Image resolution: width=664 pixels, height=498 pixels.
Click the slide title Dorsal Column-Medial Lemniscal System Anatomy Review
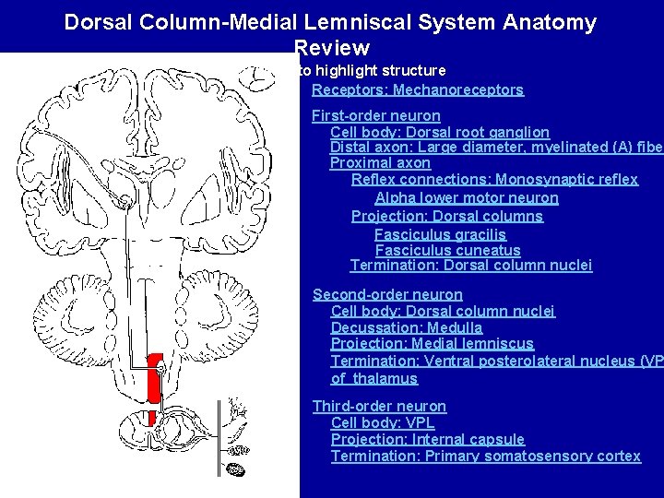(x=330, y=22)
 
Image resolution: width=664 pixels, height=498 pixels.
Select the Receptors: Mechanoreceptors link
(x=417, y=90)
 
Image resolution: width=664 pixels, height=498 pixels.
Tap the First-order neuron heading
(x=375, y=116)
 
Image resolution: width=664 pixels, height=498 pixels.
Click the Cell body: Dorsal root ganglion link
(x=440, y=133)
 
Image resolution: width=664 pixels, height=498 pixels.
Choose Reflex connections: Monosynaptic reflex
(x=494, y=181)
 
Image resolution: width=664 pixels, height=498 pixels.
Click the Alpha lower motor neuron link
(x=466, y=198)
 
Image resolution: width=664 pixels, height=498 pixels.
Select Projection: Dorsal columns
(x=446, y=216)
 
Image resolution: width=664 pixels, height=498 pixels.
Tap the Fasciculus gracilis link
(x=440, y=234)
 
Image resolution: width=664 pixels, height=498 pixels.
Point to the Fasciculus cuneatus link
(x=447, y=250)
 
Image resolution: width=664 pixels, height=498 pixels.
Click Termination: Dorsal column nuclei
(x=470, y=266)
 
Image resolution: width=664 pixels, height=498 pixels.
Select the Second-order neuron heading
(x=387, y=294)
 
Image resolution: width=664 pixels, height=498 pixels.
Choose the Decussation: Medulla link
(x=406, y=327)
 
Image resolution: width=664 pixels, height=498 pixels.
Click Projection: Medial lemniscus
(x=432, y=344)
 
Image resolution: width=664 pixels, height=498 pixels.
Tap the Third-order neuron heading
(x=379, y=407)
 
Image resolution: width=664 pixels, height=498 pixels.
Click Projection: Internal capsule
(x=427, y=440)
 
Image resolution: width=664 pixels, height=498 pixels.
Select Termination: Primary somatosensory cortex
(x=485, y=456)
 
